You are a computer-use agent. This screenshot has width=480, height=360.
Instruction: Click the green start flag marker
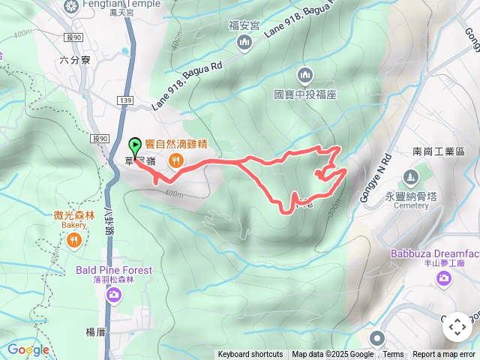[135, 145]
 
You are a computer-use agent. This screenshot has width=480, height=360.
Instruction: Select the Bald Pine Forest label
[113, 270]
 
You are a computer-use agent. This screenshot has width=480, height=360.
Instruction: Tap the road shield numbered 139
[125, 100]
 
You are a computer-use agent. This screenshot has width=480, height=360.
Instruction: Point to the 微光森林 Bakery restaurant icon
[73, 240]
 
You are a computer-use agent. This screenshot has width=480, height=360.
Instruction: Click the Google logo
[28, 349]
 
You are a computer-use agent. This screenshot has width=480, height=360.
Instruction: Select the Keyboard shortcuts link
[250, 355]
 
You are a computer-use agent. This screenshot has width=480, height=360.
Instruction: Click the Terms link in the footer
[393, 355]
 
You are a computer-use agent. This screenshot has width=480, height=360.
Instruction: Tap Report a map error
[445, 355]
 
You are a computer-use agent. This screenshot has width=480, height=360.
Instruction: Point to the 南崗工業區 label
[439, 151]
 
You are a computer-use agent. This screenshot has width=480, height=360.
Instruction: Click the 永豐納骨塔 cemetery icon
[410, 178]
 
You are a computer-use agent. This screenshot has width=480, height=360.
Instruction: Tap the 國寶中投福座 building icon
[304, 75]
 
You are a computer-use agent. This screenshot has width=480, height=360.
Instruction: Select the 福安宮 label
[244, 25]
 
